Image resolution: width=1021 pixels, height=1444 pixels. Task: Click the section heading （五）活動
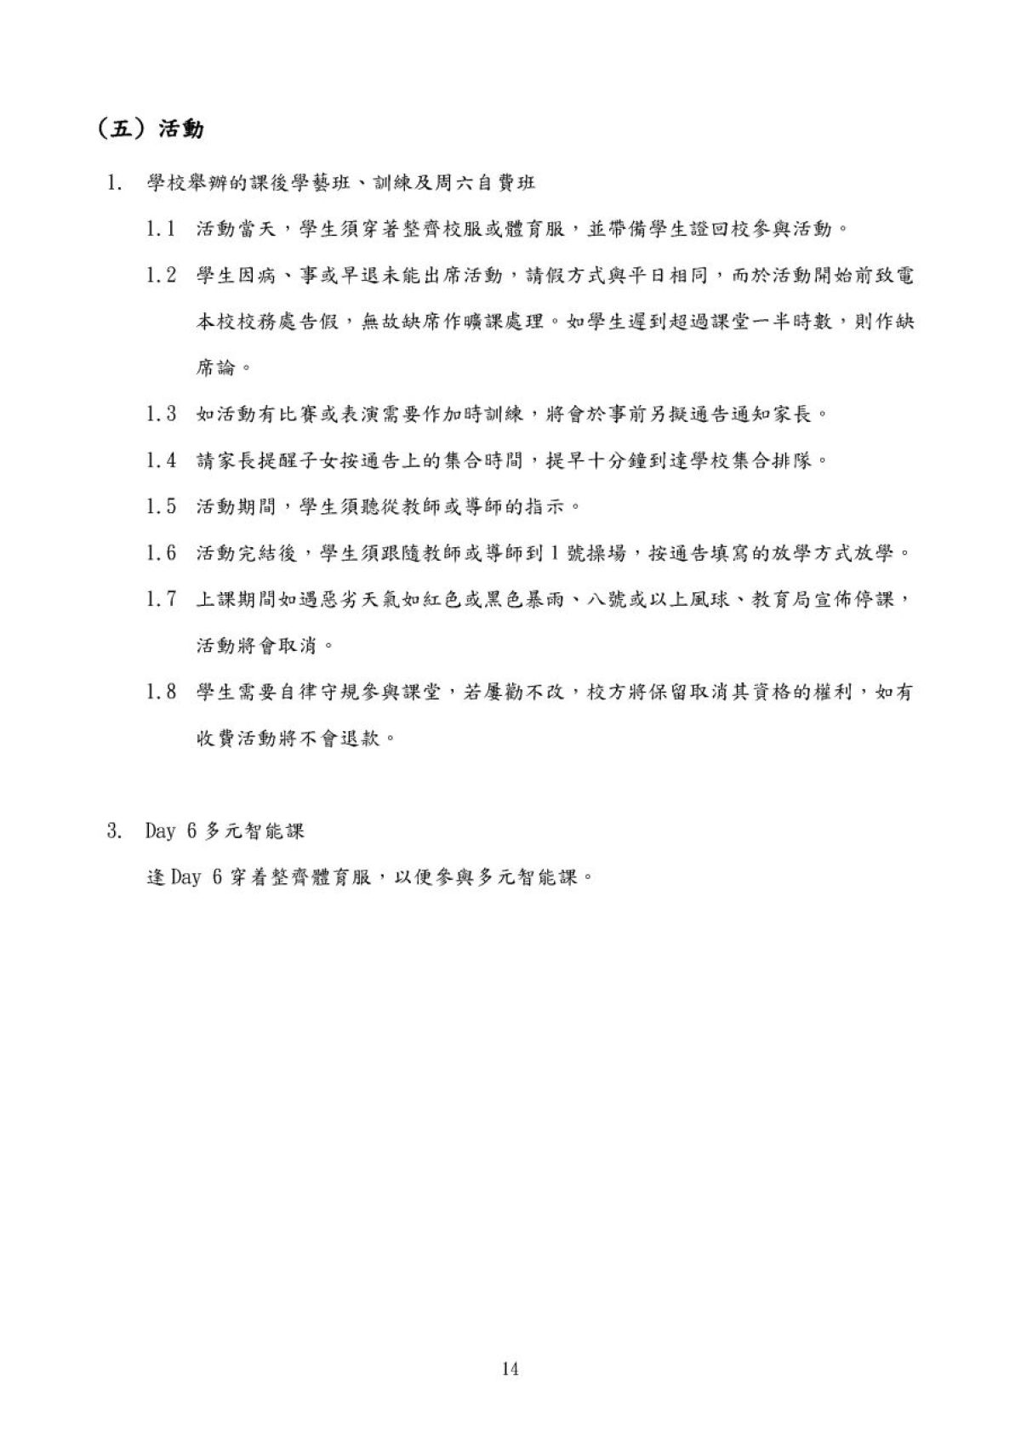tap(150, 129)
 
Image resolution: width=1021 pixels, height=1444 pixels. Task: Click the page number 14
tap(510, 1369)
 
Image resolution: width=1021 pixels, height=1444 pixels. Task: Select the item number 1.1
tap(161, 229)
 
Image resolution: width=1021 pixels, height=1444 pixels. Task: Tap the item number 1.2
tap(161, 275)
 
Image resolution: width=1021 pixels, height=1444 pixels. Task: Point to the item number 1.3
tap(161, 414)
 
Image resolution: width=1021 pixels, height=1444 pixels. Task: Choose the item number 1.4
tap(161, 460)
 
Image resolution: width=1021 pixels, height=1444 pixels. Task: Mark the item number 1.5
tap(161, 506)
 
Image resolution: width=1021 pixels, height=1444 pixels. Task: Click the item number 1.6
tap(161, 553)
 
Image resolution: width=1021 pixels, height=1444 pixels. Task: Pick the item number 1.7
tap(161, 599)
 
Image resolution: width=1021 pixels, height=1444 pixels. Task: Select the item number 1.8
tap(161, 692)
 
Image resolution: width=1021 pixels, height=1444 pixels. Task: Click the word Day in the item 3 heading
tap(160, 830)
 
